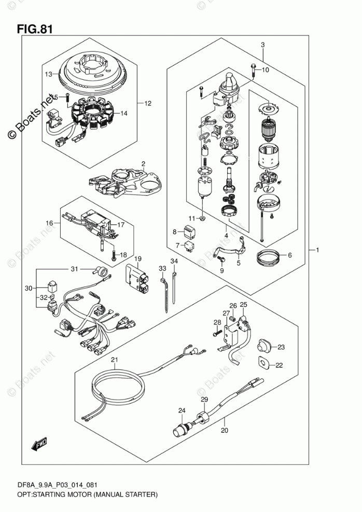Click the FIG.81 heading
[35, 29]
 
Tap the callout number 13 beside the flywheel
[48, 75]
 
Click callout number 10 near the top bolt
[266, 69]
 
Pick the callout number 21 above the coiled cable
[114, 360]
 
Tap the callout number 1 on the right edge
[317, 250]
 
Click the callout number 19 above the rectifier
[137, 259]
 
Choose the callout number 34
[174, 261]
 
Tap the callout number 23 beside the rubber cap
[281, 347]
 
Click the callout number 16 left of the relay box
[49, 223]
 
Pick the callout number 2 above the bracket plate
[143, 163]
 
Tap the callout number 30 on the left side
[29, 288]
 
